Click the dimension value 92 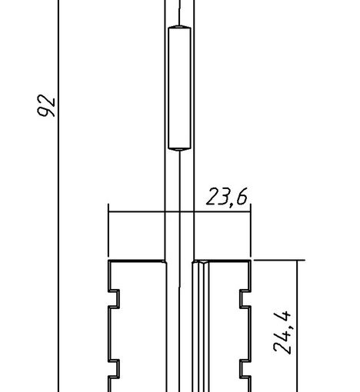point(46,106)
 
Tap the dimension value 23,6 point(227,197)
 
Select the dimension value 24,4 point(282,332)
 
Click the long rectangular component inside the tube point(179,88)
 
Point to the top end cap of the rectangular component point(179,27)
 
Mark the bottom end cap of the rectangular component point(179,149)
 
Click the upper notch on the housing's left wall point(115,298)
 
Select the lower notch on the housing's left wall point(115,369)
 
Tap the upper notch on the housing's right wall point(245,298)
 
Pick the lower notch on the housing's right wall point(245,369)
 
